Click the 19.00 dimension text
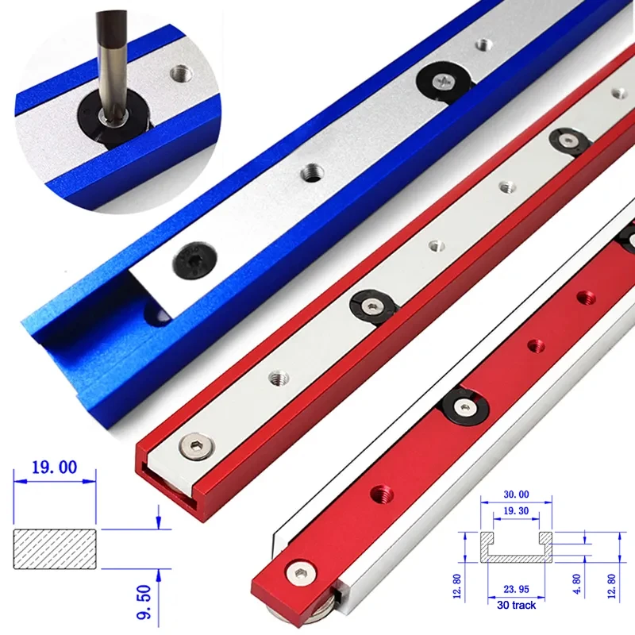tap(55, 468)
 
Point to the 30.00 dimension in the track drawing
tap(515, 495)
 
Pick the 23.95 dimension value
tap(515, 590)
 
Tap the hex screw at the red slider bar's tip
tap(302, 574)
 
